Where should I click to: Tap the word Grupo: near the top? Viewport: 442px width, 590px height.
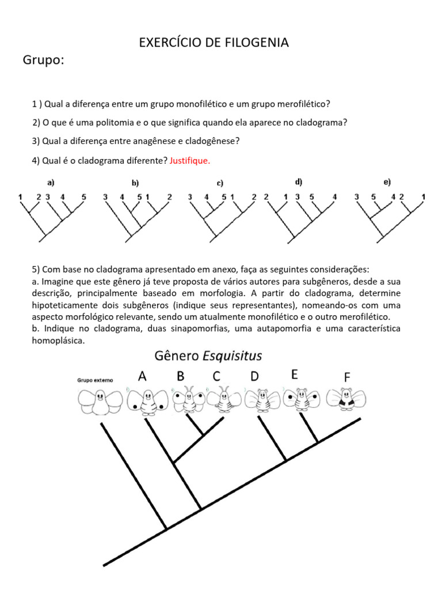[43, 60]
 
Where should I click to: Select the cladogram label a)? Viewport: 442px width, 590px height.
[51, 183]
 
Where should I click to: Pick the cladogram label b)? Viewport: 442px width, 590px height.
[135, 183]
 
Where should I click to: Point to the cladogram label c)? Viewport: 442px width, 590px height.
[220, 183]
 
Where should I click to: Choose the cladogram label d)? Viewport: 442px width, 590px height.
[299, 182]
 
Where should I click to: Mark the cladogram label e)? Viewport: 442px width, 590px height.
[387, 182]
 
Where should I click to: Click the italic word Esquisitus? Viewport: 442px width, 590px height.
[230, 355]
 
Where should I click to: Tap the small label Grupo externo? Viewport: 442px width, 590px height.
[96, 380]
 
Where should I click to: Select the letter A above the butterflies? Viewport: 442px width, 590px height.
[142, 376]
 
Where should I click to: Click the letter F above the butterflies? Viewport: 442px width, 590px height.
[347, 377]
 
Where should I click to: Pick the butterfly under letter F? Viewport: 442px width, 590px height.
[346, 399]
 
